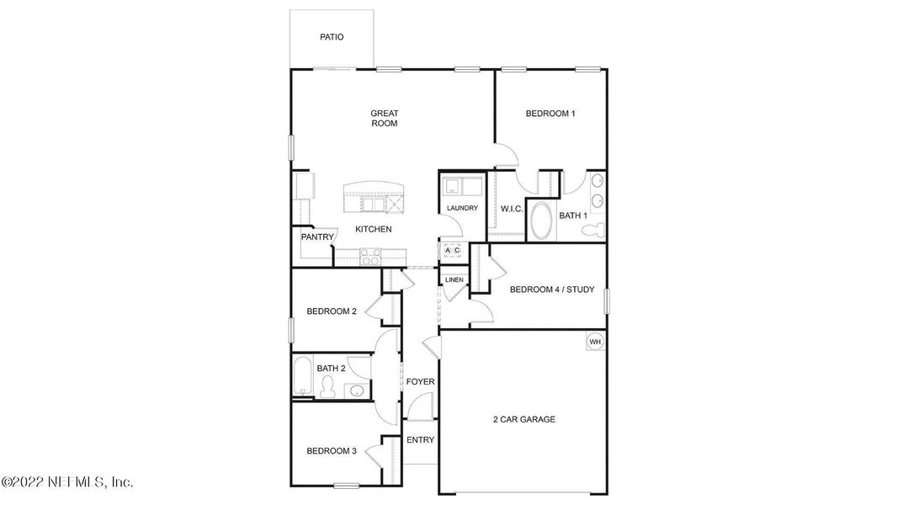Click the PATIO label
tap(332, 37)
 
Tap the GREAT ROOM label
tap(384, 118)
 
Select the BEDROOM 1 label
tap(550, 114)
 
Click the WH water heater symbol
tap(595, 342)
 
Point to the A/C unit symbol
tap(452, 251)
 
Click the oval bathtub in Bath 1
tap(542, 221)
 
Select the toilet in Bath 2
tap(329, 387)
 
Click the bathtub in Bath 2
tap(301, 376)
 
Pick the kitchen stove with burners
tap(370, 256)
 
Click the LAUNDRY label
tap(462, 208)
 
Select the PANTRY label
tap(318, 237)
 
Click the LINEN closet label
tap(454, 279)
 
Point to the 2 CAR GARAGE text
tap(523, 419)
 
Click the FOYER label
tap(420, 382)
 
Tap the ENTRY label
tap(420, 440)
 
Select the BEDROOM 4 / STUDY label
tap(552, 290)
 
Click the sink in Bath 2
tap(357, 391)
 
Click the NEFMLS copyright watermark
tap(67, 482)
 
